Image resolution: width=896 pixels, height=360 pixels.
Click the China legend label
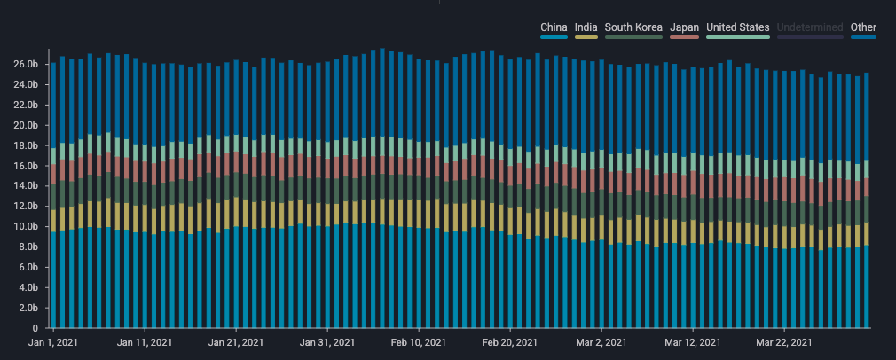coord(554,27)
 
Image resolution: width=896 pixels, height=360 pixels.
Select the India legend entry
coord(586,27)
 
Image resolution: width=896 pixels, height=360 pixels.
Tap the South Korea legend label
coord(633,27)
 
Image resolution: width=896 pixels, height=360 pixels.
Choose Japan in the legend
coord(684,27)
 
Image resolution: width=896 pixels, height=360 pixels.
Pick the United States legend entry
coord(737,27)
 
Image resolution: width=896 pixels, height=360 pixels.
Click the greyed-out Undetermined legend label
coord(810,27)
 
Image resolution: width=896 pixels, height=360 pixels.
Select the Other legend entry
coord(863,27)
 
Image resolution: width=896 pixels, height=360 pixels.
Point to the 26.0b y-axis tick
coord(26,65)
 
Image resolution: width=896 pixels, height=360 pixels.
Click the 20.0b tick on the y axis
coord(26,125)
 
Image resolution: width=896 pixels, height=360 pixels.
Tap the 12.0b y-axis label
coord(26,207)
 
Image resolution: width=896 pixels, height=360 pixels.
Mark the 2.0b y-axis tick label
coord(28,309)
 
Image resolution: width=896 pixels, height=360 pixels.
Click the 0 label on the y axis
coord(35,328)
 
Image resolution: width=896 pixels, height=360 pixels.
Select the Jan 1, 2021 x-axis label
coord(54,342)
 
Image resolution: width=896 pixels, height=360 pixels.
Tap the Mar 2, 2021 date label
coord(601,342)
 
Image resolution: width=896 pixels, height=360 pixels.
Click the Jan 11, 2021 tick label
coord(144,342)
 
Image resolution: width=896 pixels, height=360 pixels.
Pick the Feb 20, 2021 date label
coord(508,342)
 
